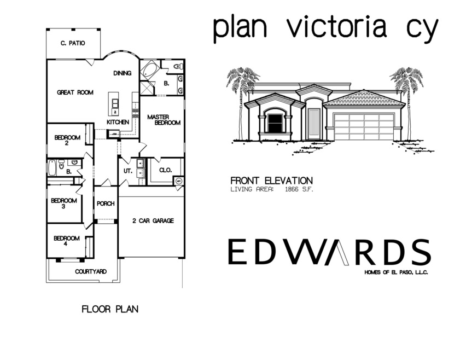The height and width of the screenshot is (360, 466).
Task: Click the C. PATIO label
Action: [73, 43]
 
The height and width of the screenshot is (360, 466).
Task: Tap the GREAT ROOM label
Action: [75, 92]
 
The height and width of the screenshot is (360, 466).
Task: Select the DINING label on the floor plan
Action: [122, 73]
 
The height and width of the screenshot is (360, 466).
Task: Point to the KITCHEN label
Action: [118, 121]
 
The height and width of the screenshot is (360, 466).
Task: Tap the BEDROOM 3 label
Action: [63, 203]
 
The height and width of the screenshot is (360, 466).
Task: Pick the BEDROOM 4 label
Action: [66, 241]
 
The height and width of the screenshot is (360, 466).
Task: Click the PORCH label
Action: [105, 204]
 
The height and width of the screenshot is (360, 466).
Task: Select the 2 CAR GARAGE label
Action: [153, 221]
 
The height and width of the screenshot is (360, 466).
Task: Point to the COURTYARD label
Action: [90, 271]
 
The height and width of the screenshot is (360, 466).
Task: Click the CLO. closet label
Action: [165, 170]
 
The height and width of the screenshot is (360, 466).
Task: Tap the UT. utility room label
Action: [127, 171]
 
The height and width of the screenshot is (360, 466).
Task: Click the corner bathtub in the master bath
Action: [149, 71]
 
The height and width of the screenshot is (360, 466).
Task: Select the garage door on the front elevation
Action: [364, 126]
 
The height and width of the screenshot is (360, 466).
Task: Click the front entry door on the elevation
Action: [313, 124]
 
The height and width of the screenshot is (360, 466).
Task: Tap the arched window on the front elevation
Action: [275, 121]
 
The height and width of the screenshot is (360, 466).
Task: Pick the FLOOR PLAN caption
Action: [110, 309]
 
